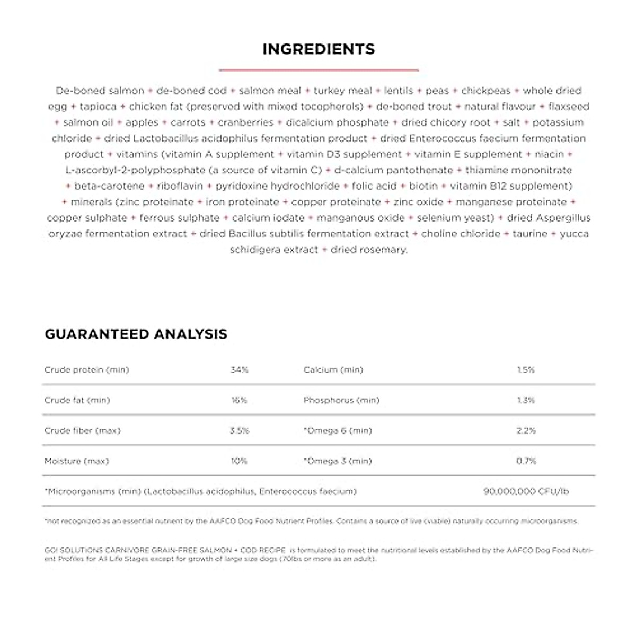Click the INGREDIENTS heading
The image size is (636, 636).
(x=319, y=49)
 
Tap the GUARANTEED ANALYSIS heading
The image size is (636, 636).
(x=136, y=334)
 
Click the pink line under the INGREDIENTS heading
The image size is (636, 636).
(x=319, y=69)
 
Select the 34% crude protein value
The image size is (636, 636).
(x=239, y=370)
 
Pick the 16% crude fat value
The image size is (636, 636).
(x=239, y=400)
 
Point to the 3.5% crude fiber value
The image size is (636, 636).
(x=239, y=431)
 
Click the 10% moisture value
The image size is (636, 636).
(x=239, y=461)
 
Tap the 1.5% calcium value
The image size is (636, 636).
(x=526, y=370)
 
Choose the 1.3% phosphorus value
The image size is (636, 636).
(x=526, y=400)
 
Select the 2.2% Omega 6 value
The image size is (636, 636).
(x=526, y=431)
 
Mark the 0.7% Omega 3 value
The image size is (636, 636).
(x=526, y=461)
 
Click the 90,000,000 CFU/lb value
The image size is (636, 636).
(x=526, y=491)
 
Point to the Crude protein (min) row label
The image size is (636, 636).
(x=86, y=370)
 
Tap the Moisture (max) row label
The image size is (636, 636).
(x=76, y=461)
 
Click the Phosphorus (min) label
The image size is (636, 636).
(x=341, y=400)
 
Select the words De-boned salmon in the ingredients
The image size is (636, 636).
(x=100, y=91)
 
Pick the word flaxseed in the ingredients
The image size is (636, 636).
(x=569, y=107)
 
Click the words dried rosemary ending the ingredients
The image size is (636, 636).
(x=369, y=250)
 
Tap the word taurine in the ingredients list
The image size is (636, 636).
(x=530, y=234)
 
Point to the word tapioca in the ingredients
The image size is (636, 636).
(x=98, y=107)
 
